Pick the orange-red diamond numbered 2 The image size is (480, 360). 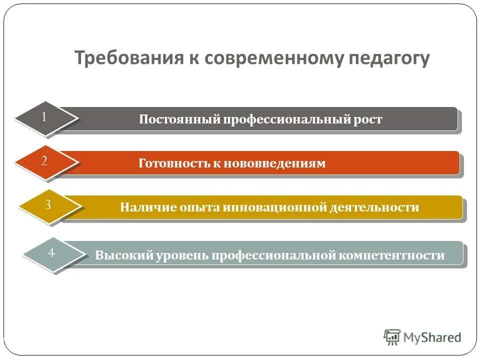(45, 162)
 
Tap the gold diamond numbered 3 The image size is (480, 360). (48, 205)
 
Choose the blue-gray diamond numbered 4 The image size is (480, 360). (52, 253)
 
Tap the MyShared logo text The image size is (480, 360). (433, 337)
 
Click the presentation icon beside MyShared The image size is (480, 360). (392, 336)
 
